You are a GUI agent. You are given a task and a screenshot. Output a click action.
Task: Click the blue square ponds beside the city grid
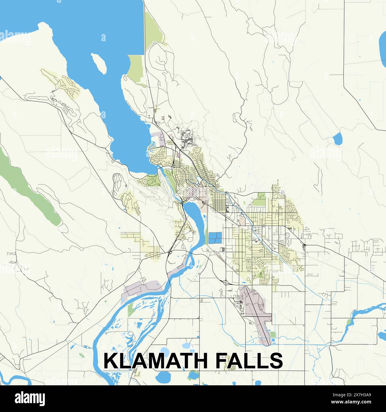coord(215,238)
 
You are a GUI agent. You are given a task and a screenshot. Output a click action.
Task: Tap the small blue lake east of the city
coord(337,139)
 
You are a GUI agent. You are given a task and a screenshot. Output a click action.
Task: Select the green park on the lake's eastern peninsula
coord(136,67)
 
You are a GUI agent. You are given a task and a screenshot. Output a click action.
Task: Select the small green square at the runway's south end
coord(273,335)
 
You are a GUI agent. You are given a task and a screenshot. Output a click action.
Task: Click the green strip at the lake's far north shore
coord(154,27)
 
